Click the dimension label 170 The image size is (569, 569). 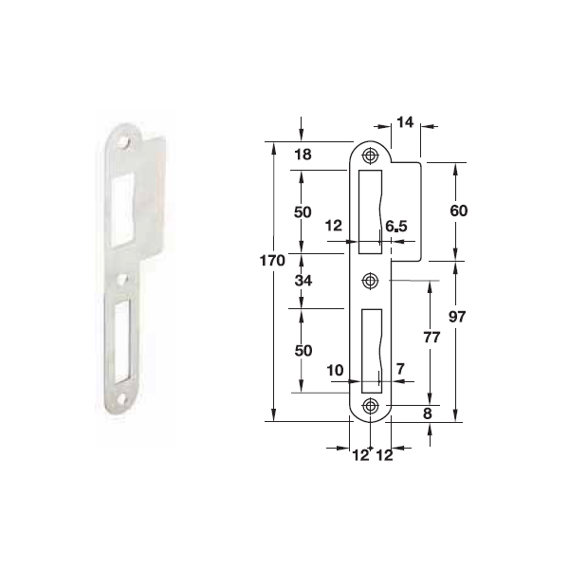(272, 261)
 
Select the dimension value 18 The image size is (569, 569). (303, 155)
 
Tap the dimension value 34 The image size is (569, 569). (303, 281)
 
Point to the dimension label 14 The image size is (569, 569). (405, 122)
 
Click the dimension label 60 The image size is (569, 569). (458, 211)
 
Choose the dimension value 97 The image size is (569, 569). (457, 317)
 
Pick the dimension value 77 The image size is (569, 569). (431, 337)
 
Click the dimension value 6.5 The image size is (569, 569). (396, 227)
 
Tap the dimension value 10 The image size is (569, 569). (335, 371)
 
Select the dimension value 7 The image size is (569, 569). (400, 369)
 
